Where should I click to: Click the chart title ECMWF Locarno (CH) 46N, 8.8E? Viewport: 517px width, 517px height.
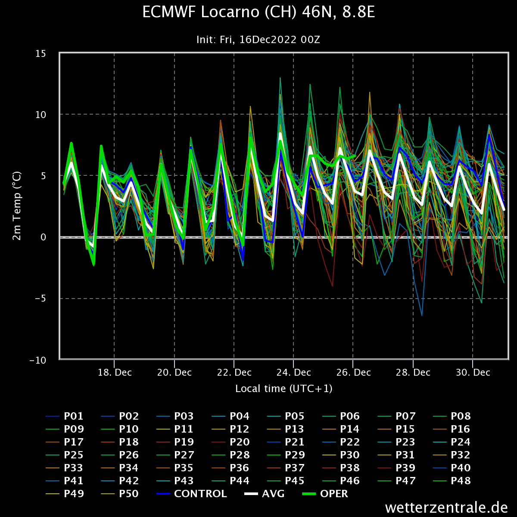[258, 13]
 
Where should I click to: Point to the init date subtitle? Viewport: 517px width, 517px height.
[258, 40]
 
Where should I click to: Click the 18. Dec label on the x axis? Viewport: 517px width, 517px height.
[115, 372]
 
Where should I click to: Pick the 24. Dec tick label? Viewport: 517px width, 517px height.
[294, 372]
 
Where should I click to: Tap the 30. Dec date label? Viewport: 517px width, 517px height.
[473, 372]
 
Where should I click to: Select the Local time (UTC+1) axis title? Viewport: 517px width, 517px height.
[283, 389]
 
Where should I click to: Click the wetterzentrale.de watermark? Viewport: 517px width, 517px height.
[446, 508]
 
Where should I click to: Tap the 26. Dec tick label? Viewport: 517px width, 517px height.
[353, 372]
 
